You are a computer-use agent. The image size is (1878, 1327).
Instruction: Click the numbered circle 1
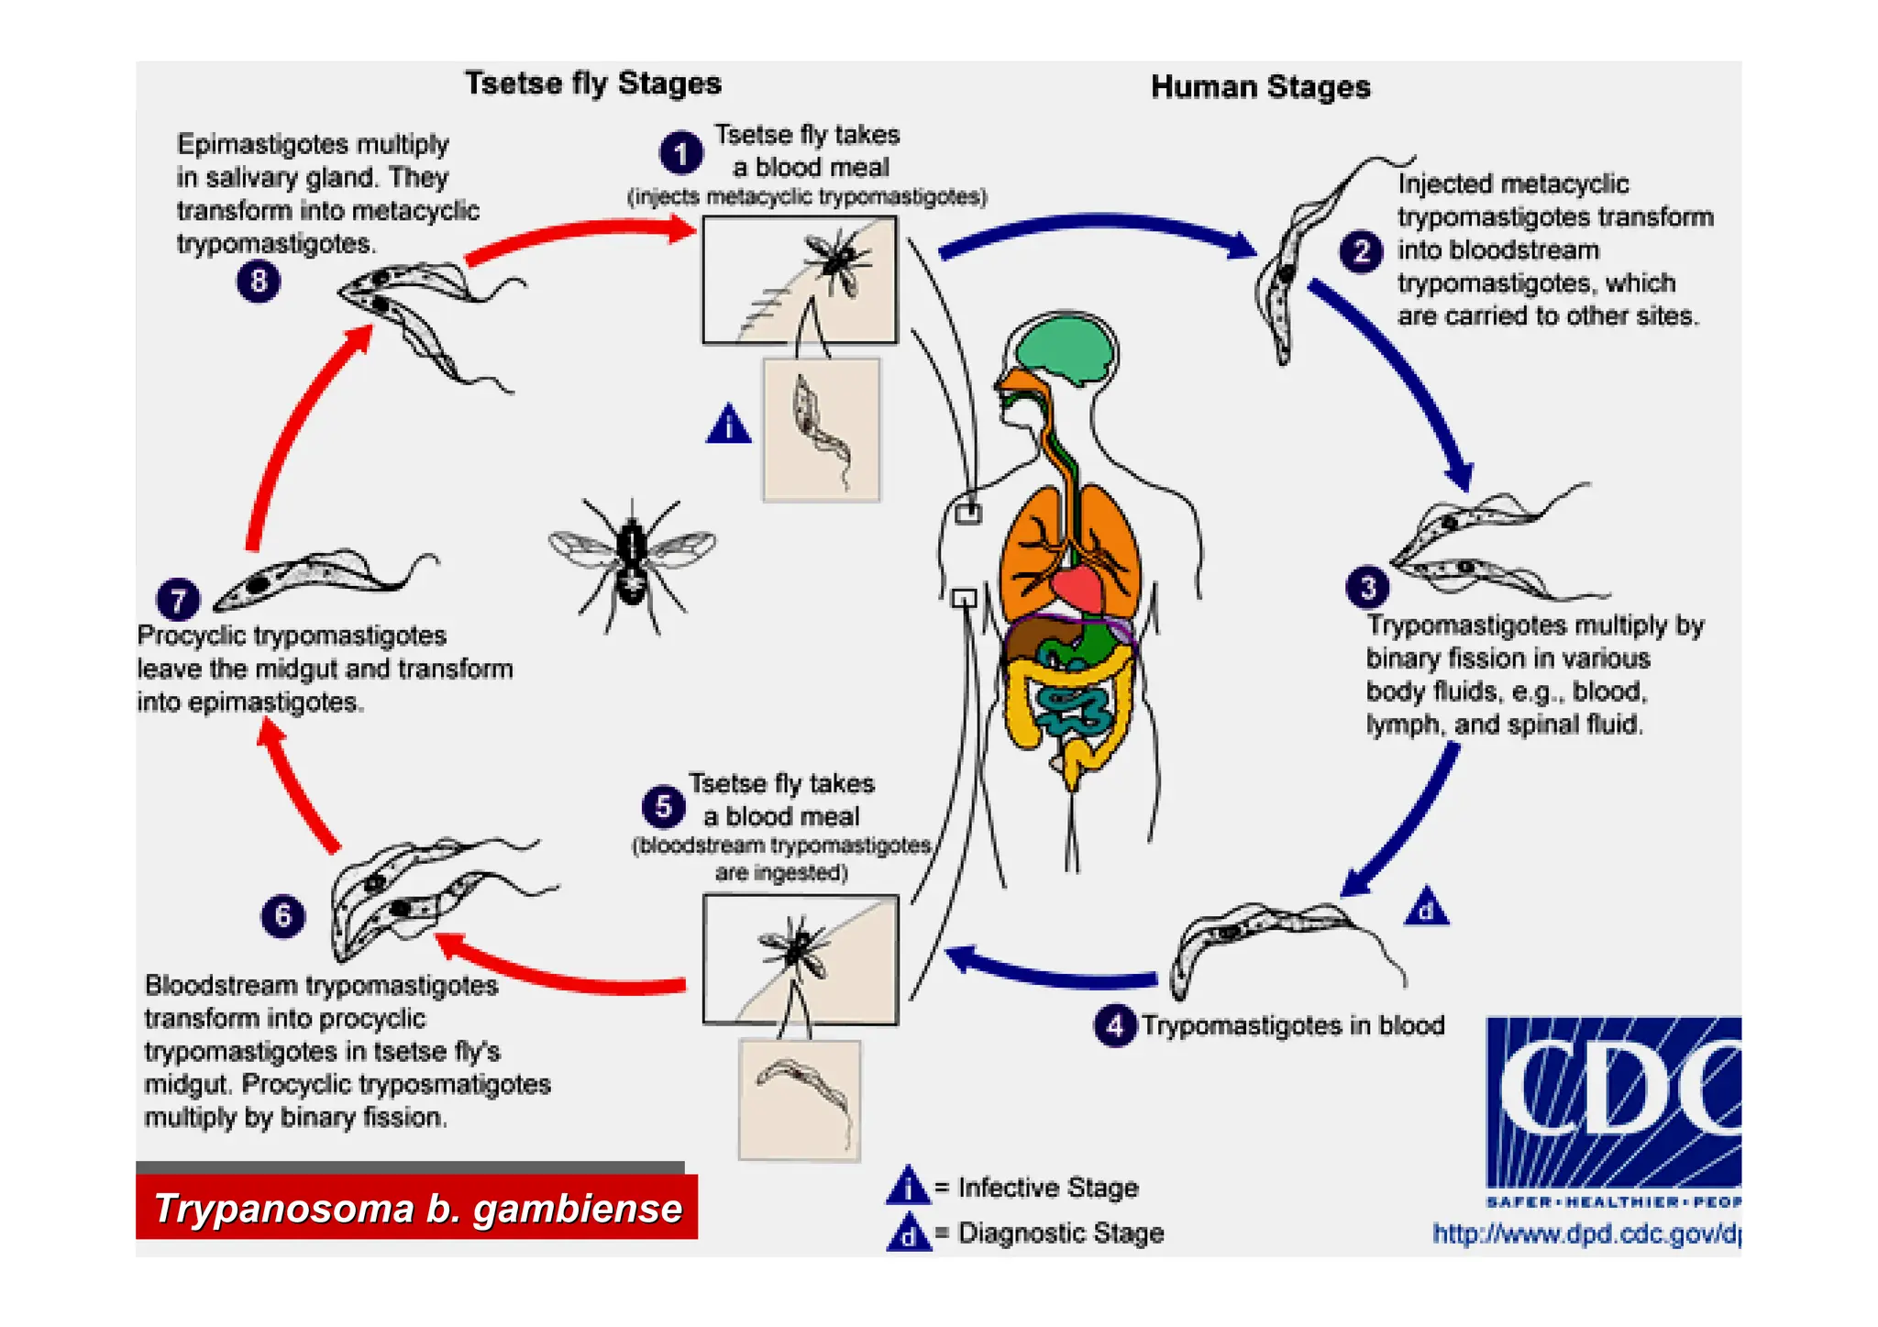[680, 153]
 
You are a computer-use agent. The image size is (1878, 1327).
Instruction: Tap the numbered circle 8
[259, 281]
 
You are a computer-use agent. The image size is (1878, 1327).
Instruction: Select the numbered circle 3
[1367, 587]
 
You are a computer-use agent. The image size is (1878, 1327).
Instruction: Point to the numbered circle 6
[282, 915]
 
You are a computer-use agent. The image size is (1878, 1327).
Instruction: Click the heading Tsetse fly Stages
[592, 83]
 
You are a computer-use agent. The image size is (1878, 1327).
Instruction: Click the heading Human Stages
[1260, 87]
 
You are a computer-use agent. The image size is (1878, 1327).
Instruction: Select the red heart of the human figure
[1080, 588]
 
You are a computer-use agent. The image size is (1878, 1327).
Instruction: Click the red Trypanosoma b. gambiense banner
[417, 1208]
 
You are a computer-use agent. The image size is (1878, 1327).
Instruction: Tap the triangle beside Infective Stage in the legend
[908, 1186]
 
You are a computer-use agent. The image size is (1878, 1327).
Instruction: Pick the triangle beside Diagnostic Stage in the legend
[908, 1233]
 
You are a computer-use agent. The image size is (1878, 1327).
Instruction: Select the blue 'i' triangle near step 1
[729, 426]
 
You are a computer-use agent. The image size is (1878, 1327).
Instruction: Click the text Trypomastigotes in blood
[1292, 1025]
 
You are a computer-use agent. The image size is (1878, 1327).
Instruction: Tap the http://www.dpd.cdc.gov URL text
[1586, 1233]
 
